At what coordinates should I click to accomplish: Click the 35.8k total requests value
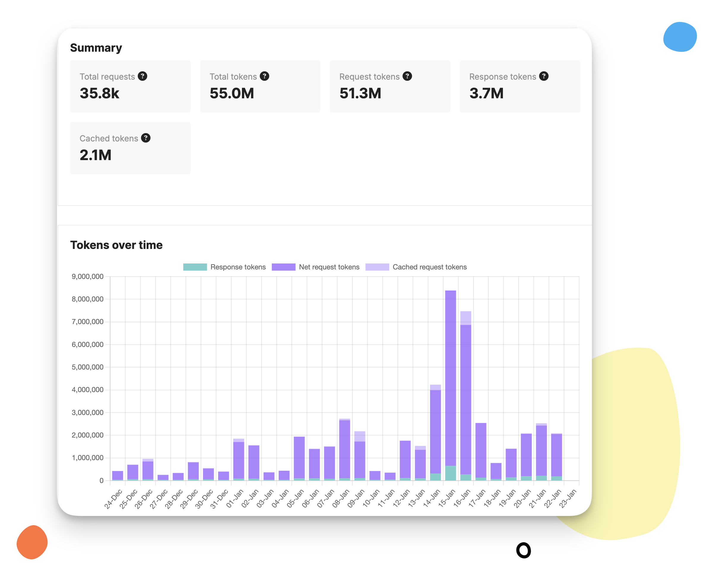[x=99, y=93]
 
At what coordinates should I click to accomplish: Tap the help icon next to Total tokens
[x=264, y=76]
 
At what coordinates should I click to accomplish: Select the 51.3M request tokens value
[x=360, y=93]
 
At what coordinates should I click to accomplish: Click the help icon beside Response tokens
[x=544, y=76]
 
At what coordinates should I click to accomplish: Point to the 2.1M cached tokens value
[x=95, y=155]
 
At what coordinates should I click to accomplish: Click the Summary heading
[x=96, y=48]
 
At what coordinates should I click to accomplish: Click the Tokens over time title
[x=116, y=245]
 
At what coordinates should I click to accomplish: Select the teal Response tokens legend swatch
[x=195, y=267]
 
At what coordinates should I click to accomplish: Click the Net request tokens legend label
[x=329, y=267]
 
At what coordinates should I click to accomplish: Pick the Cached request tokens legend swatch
[x=377, y=267]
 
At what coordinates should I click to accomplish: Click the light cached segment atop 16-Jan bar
[x=465, y=318]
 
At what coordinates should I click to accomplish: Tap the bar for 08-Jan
[x=344, y=449]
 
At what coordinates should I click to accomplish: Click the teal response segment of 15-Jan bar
[x=450, y=473]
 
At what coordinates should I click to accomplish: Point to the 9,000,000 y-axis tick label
[x=88, y=277]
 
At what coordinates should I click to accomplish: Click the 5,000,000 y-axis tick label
[x=88, y=367]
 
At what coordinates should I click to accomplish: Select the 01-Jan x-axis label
[x=235, y=498]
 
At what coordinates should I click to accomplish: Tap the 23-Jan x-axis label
[x=568, y=498]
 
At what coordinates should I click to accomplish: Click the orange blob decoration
[x=32, y=542]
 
